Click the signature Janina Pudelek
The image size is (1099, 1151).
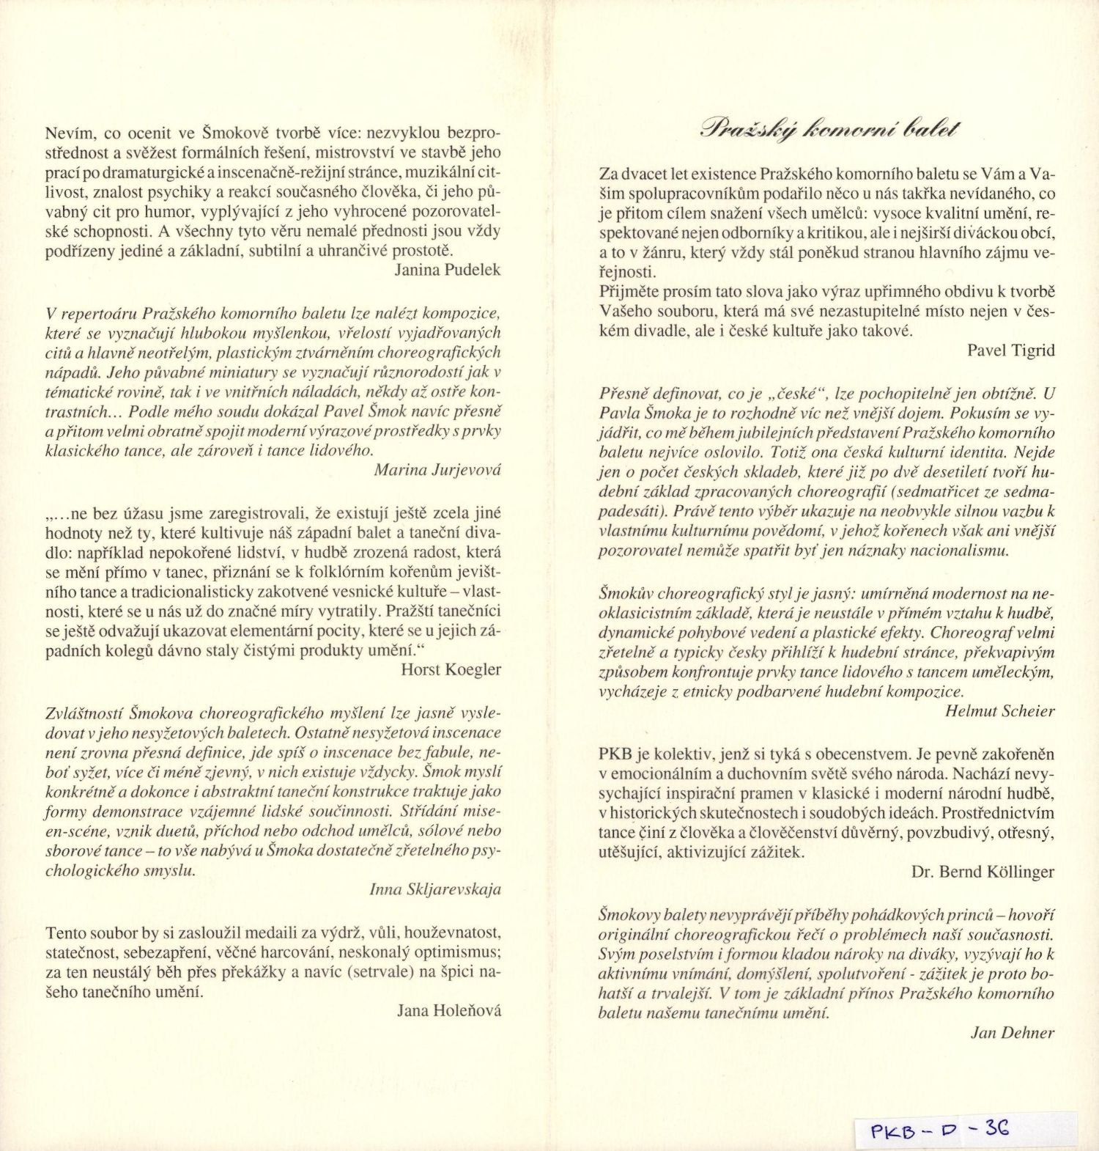coord(447,270)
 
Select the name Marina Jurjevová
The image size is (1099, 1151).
coord(437,470)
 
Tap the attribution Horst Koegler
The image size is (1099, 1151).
coord(451,669)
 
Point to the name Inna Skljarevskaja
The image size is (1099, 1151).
coord(435,889)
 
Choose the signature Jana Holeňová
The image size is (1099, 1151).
coord(449,1011)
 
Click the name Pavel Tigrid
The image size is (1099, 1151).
coord(1010,350)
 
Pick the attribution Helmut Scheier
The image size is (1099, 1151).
coord(999,710)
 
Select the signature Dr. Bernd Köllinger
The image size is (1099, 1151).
coord(983,872)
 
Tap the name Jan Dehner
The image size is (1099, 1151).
coord(1013,1033)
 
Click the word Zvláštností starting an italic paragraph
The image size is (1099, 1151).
coord(85,713)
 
